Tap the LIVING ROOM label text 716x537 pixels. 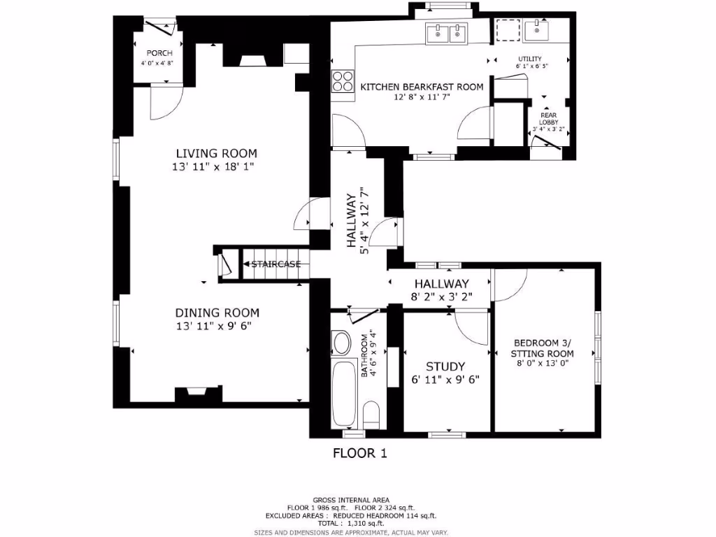point(216,153)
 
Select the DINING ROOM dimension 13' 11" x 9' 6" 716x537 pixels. point(217,326)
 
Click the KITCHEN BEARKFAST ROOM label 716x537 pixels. point(422,87)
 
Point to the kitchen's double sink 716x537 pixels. point(446,33)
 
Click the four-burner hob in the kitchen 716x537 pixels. point(342,82)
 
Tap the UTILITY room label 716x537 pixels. point(529,59)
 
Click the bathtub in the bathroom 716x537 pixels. point(345,394)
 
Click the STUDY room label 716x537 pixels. point(445,366)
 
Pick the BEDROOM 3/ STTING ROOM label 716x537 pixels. point(543,348)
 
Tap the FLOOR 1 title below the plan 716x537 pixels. point(359,453)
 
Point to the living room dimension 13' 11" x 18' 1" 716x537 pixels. point(216,167)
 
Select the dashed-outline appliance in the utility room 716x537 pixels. point(506,31)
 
